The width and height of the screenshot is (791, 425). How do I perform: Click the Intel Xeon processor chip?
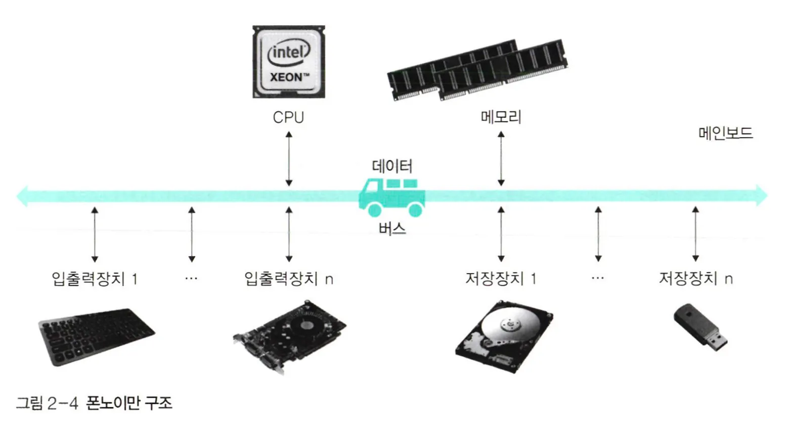tap(288, 62)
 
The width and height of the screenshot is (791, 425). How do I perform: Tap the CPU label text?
tap(288, 117)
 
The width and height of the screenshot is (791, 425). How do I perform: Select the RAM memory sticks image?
tap(477, 70)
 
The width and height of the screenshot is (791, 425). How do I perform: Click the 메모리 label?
tap(501, 117)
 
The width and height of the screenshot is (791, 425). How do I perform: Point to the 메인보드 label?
tap(726, 133)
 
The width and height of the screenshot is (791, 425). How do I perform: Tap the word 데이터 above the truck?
tap(392, 165)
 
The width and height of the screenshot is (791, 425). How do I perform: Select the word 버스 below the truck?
tap(392, 229)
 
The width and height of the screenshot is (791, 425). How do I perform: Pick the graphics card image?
tap(290, 336)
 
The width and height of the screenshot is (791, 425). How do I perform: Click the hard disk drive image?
tap(503, 336)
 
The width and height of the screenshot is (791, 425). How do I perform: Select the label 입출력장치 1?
tap(95, 279)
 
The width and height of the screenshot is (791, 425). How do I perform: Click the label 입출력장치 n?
tap(289, 279)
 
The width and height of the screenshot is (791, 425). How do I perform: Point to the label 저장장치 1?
tap(501, 279)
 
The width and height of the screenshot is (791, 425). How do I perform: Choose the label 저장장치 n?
tap(695, 279)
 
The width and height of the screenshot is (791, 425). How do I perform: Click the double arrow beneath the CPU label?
tap(289, 159)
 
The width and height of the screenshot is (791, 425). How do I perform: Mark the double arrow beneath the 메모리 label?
tap(501, 159)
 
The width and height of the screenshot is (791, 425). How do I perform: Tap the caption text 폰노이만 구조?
tap(129, 403)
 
